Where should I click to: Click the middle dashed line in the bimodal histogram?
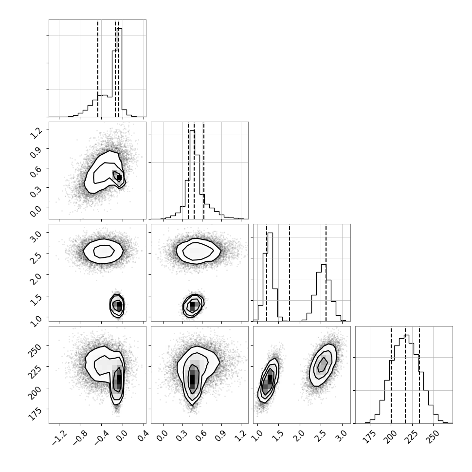[x=289, y=273]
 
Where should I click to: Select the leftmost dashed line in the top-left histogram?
[x=98, y=69]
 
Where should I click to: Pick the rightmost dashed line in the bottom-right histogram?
[x=419, y=375]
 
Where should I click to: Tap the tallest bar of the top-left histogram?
[x=120, y=72]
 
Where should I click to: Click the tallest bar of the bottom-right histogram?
[x=406, y=379]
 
